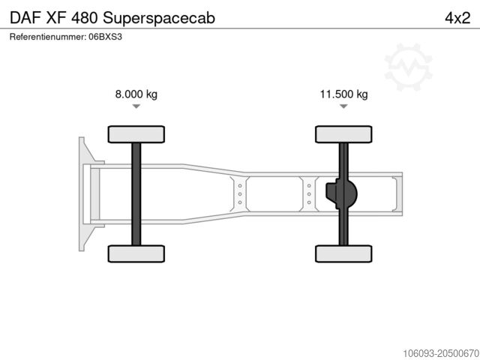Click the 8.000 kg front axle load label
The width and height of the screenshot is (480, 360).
click(136, 94)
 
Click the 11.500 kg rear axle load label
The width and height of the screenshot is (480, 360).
click(343, 94)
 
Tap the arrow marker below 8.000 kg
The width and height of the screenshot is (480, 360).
click(136, 107)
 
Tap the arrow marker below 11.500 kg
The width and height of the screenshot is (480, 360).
click(343, 107)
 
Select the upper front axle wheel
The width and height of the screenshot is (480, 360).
click(136, 134)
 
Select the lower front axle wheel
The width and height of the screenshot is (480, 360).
click(136, 253)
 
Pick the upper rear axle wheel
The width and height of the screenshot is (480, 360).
click(343, 134)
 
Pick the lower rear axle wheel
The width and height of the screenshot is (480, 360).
click(343, 253)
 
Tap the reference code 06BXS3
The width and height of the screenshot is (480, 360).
click(106, 36)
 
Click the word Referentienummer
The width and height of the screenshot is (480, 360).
click(47, 36)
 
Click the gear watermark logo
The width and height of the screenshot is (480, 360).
click(409, 66)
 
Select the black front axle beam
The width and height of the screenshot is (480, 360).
click(136, 193)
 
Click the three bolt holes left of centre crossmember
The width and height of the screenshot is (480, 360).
click(239, 193)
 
